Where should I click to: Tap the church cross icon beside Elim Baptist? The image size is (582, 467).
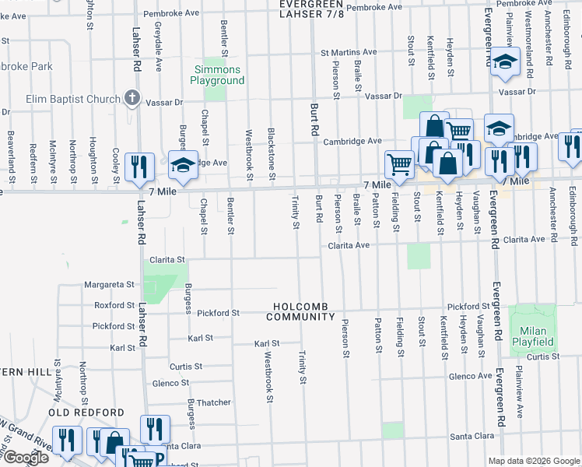click(x=132, y=99)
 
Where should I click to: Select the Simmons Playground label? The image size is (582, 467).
click(x=219, y=75)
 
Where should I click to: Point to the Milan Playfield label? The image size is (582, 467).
click(x=533, y=336)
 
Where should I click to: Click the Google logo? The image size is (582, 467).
click(x=25, y=458)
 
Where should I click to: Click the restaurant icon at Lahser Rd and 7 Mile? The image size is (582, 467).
click(x=138, y=167)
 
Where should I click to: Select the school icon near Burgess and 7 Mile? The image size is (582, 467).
click(x=182, y=165)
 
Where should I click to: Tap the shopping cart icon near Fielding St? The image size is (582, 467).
click(x=399, y=163)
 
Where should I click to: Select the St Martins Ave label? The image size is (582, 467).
click(x=349, y=53)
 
